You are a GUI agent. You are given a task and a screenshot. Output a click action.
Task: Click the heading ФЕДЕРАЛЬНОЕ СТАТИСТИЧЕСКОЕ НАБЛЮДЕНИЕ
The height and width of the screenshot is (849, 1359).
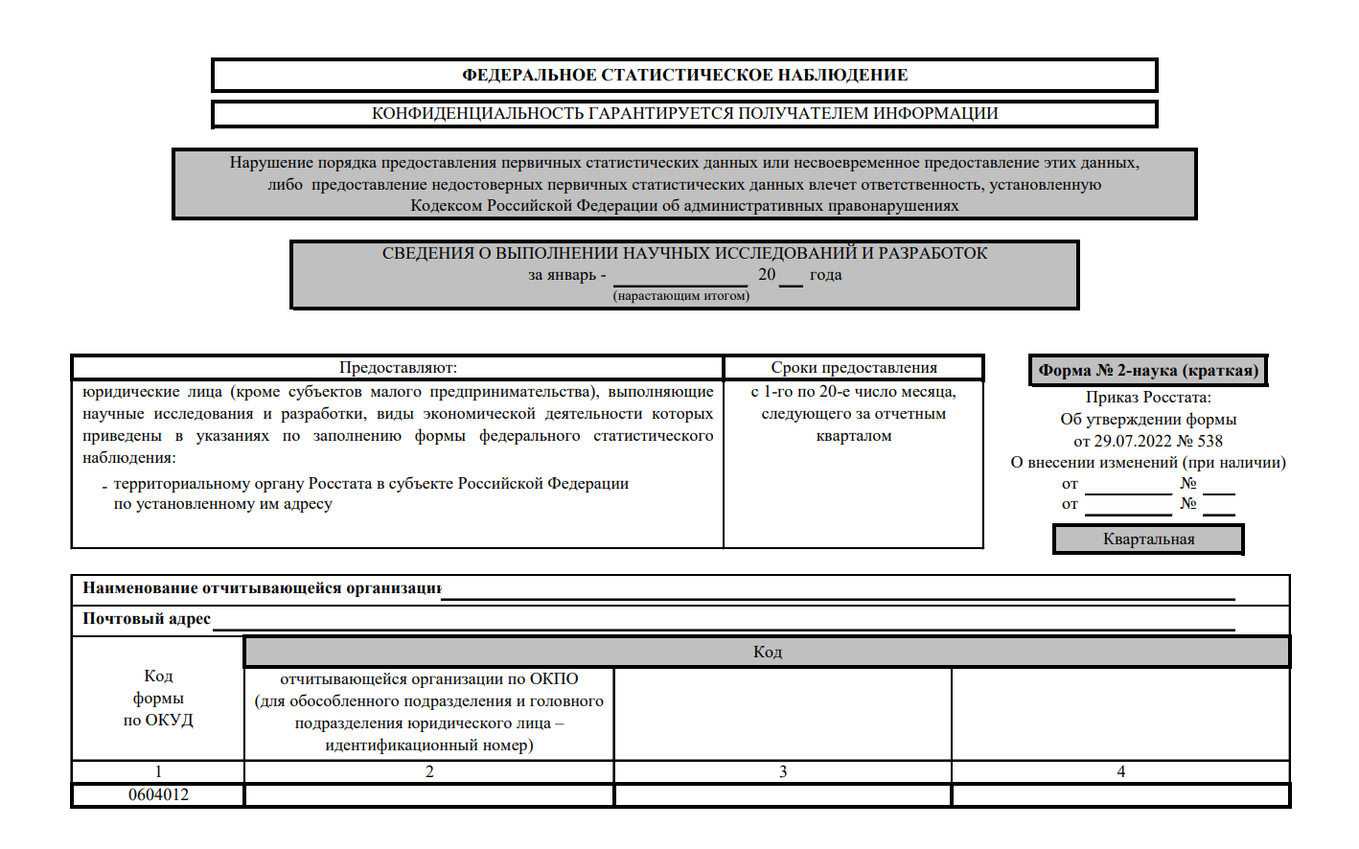click(684, 75)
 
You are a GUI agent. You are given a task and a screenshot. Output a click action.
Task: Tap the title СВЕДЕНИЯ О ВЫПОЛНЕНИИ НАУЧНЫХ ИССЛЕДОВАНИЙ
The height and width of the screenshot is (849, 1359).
click(684, 253)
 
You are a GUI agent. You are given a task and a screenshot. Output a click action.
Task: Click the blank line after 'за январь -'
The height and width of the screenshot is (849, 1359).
click(679, 278)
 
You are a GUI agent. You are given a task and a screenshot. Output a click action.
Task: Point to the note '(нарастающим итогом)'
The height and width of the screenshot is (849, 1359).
click(681, 296)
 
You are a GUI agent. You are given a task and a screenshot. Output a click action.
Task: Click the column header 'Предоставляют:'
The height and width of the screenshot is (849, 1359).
click(398, 368)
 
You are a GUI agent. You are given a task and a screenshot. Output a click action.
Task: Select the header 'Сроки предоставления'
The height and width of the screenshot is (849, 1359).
click(854, 368)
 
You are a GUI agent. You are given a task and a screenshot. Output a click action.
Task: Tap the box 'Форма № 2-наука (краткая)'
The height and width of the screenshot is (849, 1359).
click(1148, 371)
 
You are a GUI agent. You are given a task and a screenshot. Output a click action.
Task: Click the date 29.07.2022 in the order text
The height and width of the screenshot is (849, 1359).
click(1133, 441)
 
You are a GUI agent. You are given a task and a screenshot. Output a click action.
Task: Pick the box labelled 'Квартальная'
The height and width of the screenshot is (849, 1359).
click(1148, 539)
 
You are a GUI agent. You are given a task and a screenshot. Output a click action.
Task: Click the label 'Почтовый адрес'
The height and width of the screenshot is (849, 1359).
click(147, 619)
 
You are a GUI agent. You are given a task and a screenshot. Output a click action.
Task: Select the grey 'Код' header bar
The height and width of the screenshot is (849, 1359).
click(767, 652)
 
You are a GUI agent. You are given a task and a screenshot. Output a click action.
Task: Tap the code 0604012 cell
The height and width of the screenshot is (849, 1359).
click(158, 795)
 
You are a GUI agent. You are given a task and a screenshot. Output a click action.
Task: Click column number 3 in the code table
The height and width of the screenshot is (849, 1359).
click(783, 771)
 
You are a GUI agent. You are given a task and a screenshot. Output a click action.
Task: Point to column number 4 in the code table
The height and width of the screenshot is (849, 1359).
click(1120, 771)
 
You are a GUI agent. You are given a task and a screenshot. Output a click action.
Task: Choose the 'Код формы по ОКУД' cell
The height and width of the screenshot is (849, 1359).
click(158, 699)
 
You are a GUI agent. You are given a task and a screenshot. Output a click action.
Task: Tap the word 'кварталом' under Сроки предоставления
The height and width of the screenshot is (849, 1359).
click(854, 436)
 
